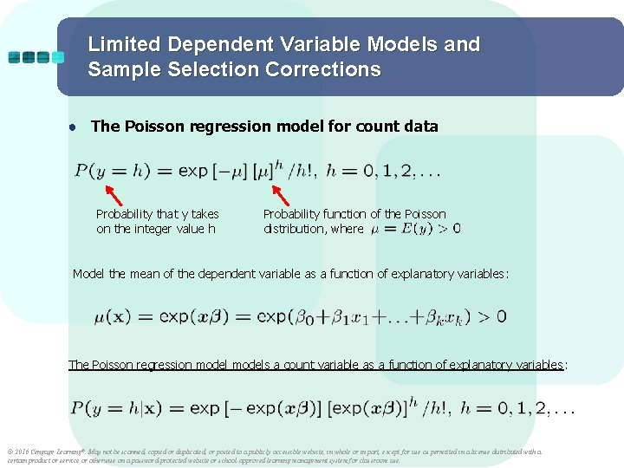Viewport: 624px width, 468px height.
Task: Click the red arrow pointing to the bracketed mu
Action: click(281, 192)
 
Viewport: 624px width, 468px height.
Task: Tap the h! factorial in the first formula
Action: click(304, 171)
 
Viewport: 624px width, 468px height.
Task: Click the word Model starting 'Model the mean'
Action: click(88, 274)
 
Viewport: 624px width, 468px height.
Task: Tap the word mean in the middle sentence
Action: click(149, 274)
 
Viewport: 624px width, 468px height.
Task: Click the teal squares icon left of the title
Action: click(36, 57)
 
